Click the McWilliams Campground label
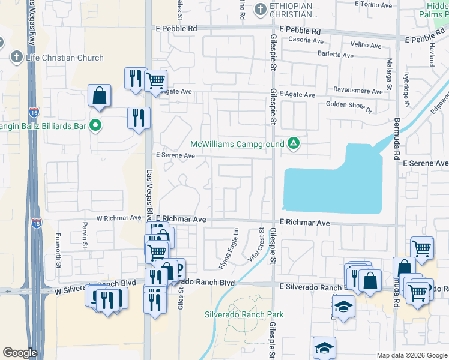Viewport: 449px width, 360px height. point(238,145)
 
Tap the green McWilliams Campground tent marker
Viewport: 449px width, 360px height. point(294,143)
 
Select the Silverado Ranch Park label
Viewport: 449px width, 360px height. point(244,314)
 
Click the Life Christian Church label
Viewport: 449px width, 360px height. point(64,58)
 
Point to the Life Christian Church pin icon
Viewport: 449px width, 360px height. point(16,58)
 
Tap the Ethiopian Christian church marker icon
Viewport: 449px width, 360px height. point(260,9)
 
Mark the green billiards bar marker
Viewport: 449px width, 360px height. point(95,125)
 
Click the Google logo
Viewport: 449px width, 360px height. point(20,353)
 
